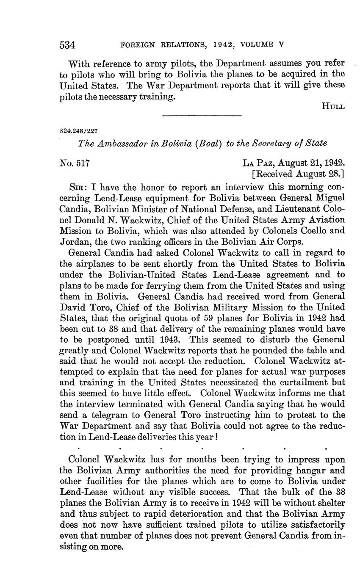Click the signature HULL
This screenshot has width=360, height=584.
[333, 106]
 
